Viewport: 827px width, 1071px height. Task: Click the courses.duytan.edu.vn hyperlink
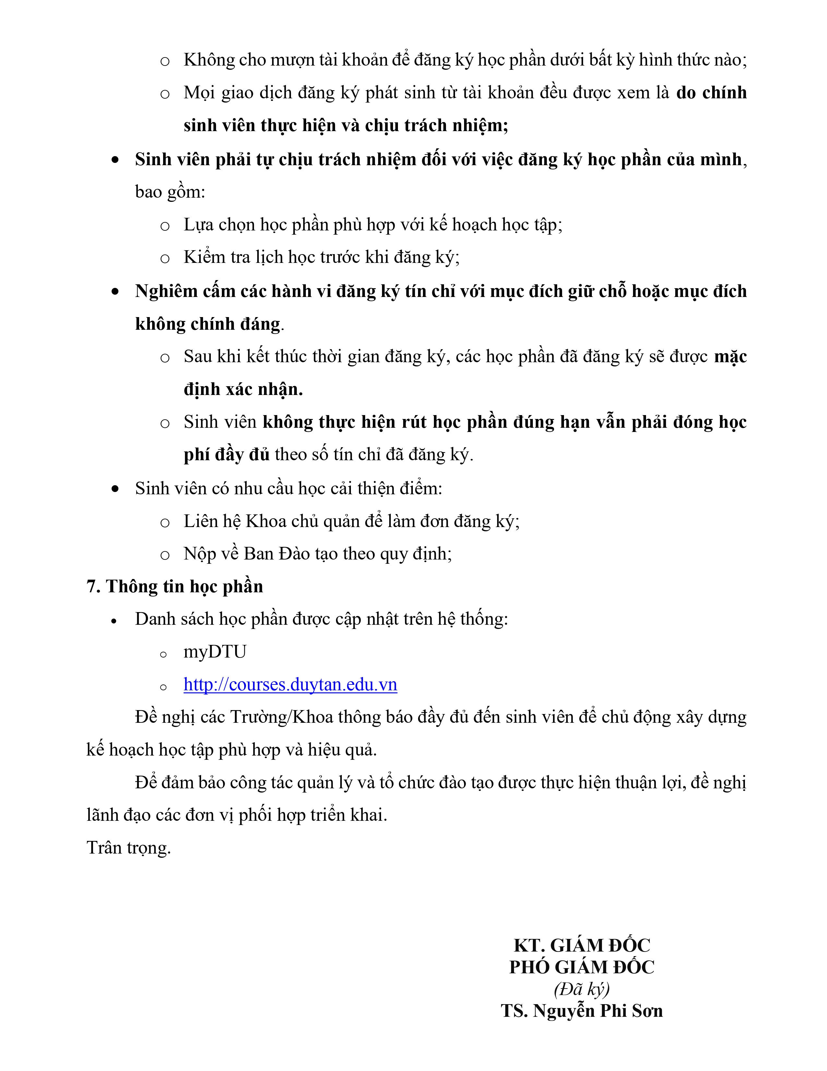[290, 684]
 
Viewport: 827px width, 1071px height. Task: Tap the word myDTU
[215, 652]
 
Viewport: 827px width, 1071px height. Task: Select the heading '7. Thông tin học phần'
[174, 586]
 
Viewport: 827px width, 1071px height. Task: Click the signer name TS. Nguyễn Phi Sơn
[581, 1011]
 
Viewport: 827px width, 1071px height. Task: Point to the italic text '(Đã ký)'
[581, 989]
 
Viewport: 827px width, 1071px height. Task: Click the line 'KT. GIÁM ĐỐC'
[581, 945]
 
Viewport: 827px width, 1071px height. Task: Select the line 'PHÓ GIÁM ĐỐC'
[581, 967]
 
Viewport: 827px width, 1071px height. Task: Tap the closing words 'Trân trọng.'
[128, 848]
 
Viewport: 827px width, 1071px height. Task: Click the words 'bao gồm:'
[170, 192]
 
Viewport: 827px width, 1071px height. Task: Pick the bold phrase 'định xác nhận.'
[243, 389]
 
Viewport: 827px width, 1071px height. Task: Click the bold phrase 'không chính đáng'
[208, 324]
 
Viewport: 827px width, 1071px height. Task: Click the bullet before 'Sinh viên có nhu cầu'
[115, 489]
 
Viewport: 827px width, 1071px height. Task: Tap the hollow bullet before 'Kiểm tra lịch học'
[165, 258]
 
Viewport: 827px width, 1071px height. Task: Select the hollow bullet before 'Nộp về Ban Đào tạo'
[165, 555]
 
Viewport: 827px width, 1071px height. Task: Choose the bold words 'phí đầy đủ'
[226, 455]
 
